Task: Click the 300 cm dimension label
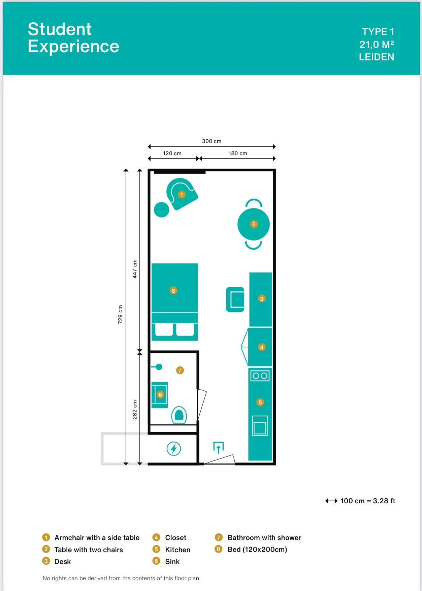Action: click(212, 141)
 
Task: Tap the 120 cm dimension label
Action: click(172, 153)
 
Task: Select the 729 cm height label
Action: click(120, 314)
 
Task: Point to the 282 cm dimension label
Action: click(135, 410)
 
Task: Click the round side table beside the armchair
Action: click(162, 209)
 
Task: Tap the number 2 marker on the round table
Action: click(254, 224)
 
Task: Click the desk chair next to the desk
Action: click(235, 299)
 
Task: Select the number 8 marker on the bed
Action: click(173, 290)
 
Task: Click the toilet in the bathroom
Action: click(179, 415)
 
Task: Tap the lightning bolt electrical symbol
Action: click(174, 449)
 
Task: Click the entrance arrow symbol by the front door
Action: click(218, 447)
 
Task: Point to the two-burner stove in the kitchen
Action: click(260, 375)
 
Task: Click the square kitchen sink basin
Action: click(260, 426)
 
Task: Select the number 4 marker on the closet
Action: click(262, 347)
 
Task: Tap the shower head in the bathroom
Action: click(157, 367)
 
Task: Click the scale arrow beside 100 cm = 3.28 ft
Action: click(331, 501)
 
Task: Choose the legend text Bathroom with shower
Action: click(264, 538)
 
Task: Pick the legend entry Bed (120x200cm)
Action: click(257, 550)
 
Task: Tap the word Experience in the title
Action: click(73, 46)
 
